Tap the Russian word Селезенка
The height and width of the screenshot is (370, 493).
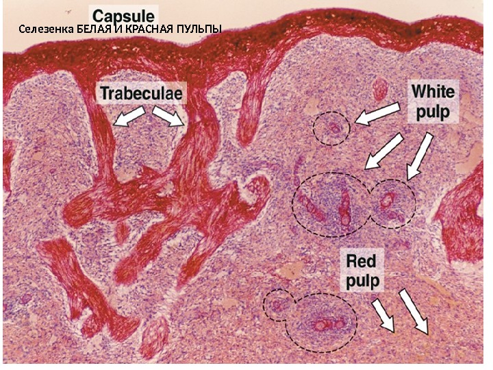coord(46,29)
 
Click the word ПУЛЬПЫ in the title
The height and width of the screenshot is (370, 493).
coord(199,29)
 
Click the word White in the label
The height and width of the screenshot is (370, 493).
coord(433,90)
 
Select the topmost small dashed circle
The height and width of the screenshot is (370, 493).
coord(331,129)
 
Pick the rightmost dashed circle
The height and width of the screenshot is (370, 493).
coord(392,203)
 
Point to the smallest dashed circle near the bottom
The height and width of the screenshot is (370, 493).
coord(277,305)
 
